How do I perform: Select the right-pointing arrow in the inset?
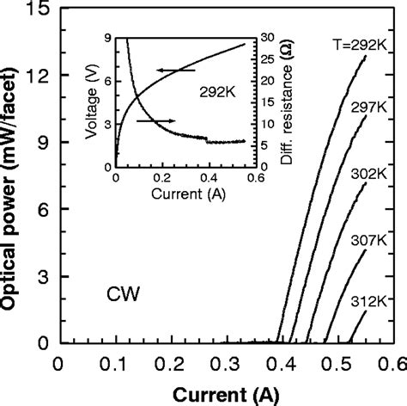pyautogui.click(x=156, y=121)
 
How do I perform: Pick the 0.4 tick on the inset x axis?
pyautogui.click(x=203, y=177)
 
